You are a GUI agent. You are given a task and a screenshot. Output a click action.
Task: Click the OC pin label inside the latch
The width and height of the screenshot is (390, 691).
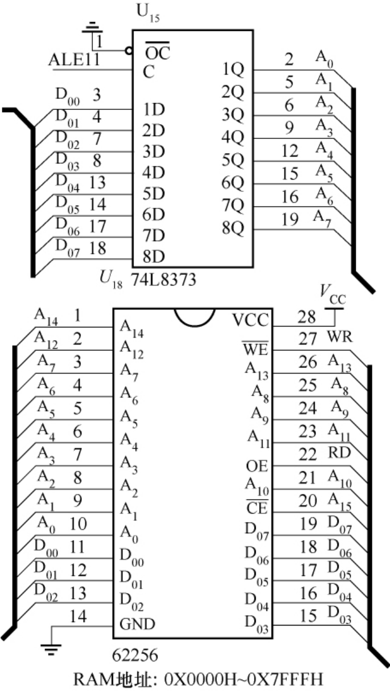coord(158,54)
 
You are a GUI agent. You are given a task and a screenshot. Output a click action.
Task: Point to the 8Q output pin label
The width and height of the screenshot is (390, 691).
coord(232,229)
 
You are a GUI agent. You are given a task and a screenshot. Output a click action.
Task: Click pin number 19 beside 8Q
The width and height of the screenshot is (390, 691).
coord(290,219)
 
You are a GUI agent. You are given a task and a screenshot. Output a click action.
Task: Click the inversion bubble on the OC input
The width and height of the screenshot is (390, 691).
coord(129,51)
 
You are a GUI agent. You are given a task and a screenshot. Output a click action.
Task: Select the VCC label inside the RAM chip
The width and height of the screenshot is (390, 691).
coord(249,320)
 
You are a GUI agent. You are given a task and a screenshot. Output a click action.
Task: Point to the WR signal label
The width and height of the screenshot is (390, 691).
coord(340,337)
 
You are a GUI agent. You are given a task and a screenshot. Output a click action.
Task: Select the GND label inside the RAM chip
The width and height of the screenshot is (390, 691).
coord(137,624)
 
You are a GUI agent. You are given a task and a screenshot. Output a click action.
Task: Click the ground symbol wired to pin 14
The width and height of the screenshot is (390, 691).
coord(51,647)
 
